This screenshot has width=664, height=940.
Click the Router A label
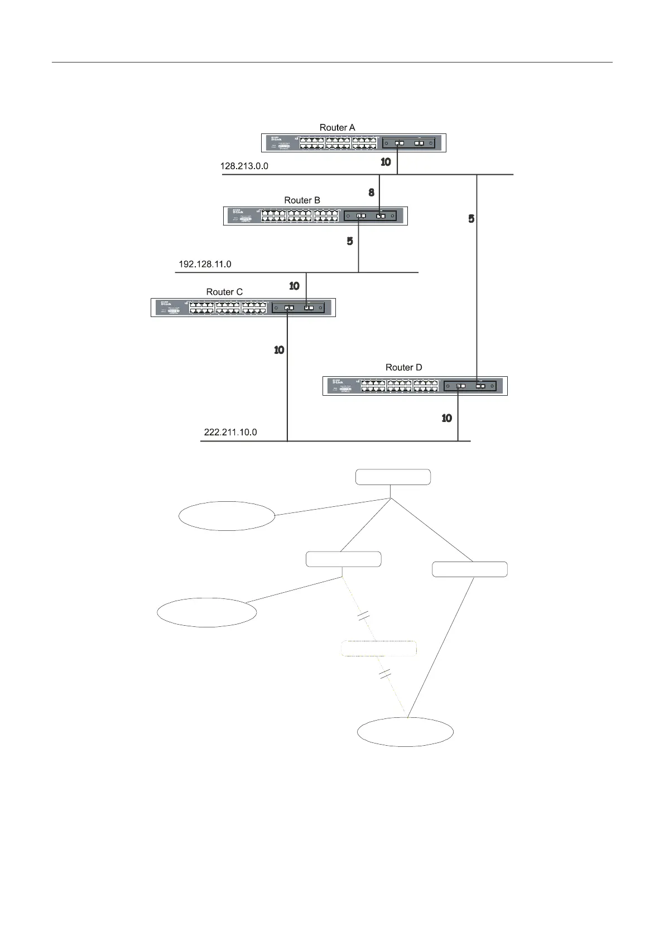click(x=337, y=128)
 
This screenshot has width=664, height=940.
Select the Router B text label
click(x=302, y=200)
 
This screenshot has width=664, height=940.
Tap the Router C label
click(x=224, y=292)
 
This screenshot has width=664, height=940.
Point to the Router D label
click(x=403, y=367)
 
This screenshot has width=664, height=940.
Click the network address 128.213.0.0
click(x=244, y=166)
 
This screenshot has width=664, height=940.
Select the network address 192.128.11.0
click(x=205, y=264)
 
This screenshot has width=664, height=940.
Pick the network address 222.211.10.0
click(x=230, y=432)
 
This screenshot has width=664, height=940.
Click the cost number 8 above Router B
click(x=372, y=193)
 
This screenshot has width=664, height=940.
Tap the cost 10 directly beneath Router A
click(x=386, y=162)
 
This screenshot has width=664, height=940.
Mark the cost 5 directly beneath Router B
click(x=350, y=241)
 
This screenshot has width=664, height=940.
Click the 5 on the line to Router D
click(x=471, y=219)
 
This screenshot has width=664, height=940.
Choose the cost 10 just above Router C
click(x=294, y=286)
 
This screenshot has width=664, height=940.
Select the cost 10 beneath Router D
click(x=447, y=418)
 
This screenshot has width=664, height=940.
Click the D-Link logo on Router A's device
click(x=275, y=139)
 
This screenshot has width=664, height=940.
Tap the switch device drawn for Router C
click(x=243, y=308)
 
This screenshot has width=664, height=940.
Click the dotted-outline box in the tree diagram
click(x=379, y=648)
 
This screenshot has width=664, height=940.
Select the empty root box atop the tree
click(x=393, y=477)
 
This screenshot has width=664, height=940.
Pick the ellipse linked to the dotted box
click(x=405, y=732)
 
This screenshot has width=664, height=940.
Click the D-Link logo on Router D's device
click(x=336, y=382)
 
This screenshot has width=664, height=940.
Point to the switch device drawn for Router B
click(x=315, y=216)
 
